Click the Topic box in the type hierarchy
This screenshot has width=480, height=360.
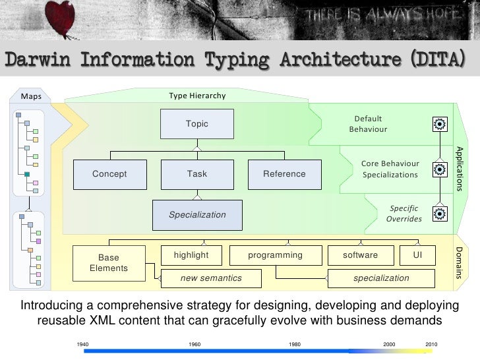pos(197,124)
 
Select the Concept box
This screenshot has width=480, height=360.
pos(109,174)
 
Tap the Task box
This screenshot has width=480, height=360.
pos(197,174)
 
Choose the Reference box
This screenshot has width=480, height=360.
pos(284,174)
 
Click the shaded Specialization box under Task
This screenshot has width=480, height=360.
pos(197,215)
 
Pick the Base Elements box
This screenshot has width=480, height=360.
pos(109,263)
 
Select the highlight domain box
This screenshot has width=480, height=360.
pos(191,255)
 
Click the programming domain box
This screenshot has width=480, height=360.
pos(275,255)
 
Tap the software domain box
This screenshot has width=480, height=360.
pos(361,255)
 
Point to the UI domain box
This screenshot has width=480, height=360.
pos(417,255)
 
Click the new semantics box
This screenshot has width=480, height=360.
pos(211,278)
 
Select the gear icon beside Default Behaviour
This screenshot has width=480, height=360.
pos(440,123)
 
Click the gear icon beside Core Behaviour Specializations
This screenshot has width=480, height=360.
pos(440,169)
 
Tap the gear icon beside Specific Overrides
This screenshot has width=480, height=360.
pos(440,213)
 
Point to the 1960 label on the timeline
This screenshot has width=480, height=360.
pos(195,345)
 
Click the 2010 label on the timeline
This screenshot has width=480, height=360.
pos(432,345)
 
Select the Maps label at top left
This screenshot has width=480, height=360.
pos(32,96)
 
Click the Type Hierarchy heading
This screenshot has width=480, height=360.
pos(197,96)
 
